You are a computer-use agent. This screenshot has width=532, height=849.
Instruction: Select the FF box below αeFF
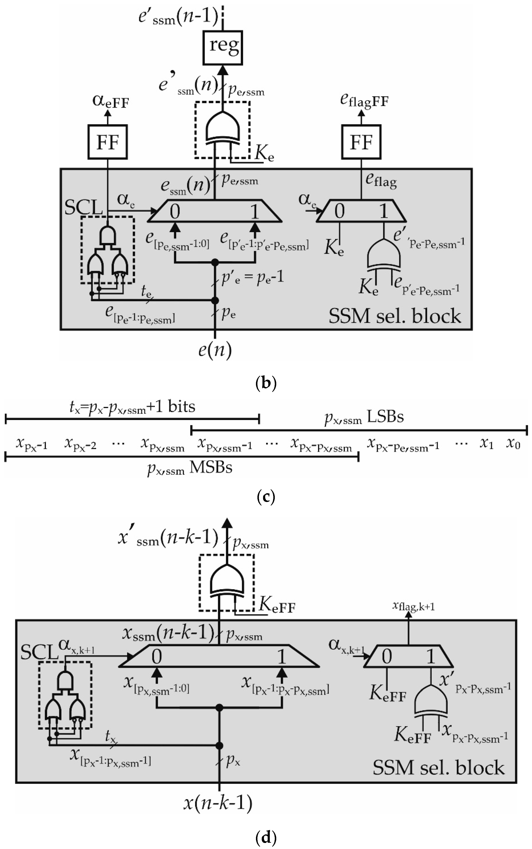pos(108,142)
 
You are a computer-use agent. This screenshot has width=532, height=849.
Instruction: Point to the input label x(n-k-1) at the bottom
pos(218,803)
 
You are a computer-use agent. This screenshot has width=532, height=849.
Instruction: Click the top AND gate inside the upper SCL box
pos(108,235)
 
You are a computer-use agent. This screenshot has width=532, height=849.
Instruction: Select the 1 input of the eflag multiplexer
pos(384,211)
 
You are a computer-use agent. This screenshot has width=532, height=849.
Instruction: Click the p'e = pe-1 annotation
pos(252,278)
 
